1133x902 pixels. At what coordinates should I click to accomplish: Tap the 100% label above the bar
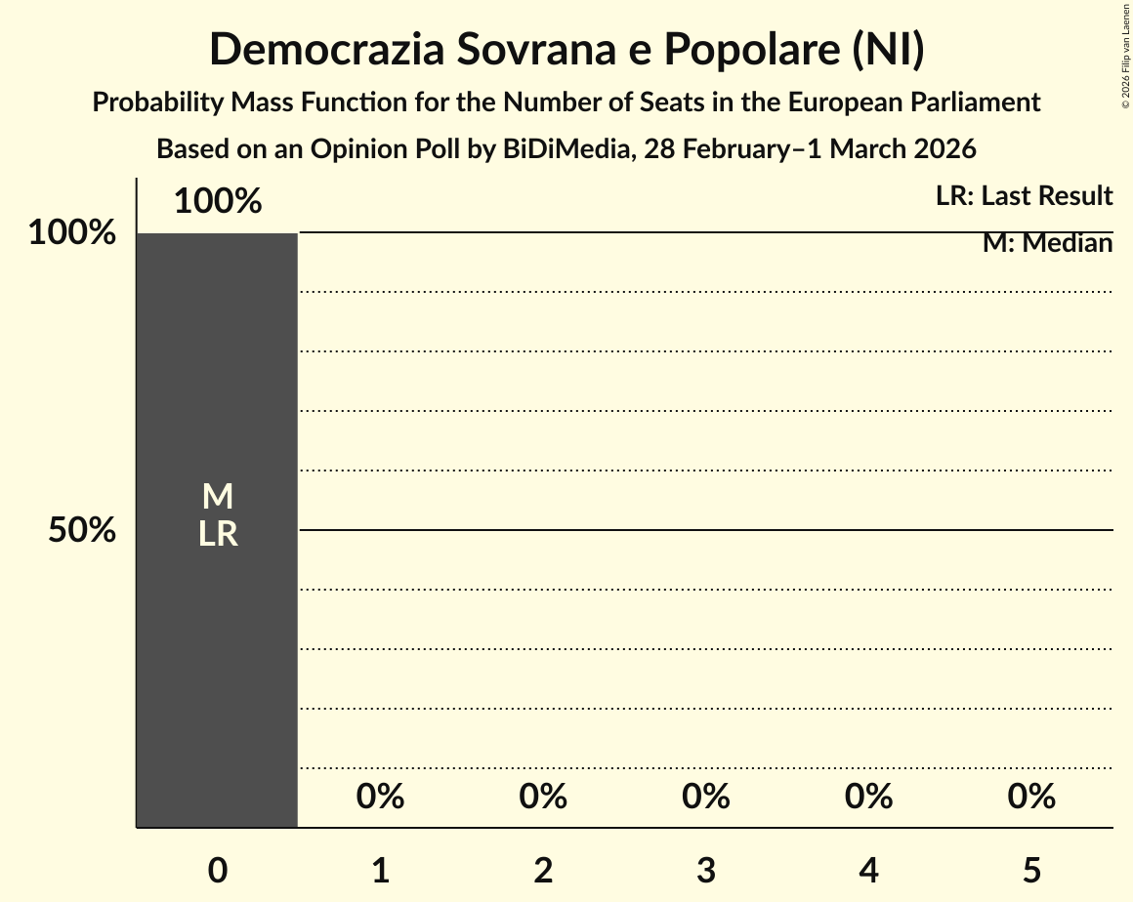pyautogui.click(x=218, y=202)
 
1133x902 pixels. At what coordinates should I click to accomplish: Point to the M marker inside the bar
pyautogui.click(x=217, y=497)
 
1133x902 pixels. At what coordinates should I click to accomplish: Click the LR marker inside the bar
pyautogui.click(x=217, y=534)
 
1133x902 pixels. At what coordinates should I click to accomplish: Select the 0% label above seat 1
pyautogui.click(x=380, y=797)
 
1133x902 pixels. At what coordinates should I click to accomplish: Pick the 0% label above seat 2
pyautogui.click(x=543, y=797)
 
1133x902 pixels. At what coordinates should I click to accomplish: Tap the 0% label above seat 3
pyautogui.click(x=706, y=797)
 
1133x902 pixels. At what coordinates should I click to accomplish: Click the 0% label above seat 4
pyautogui.click(x=869, y=797)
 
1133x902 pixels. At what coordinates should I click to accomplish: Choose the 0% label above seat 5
pyautogui.click(x=1031, y=797)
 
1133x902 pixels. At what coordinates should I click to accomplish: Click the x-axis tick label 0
pyautogui.click(x=218, y=870)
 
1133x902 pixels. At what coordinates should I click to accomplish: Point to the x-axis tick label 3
pyautogui.click(x=706, y=870)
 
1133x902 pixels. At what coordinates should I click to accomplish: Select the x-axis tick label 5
pyautogui.click(x=1031, y=870)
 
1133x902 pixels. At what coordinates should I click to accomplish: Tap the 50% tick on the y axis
pyautogui.click(x=82, y=530)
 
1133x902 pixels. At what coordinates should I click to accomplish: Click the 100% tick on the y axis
pyautogui.click(x=72, y=233)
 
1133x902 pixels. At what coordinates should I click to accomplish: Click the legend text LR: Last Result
pyautogui.click(x=1024, y=196)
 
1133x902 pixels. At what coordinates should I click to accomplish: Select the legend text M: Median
pyautogui.click(x=1047, y=243)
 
